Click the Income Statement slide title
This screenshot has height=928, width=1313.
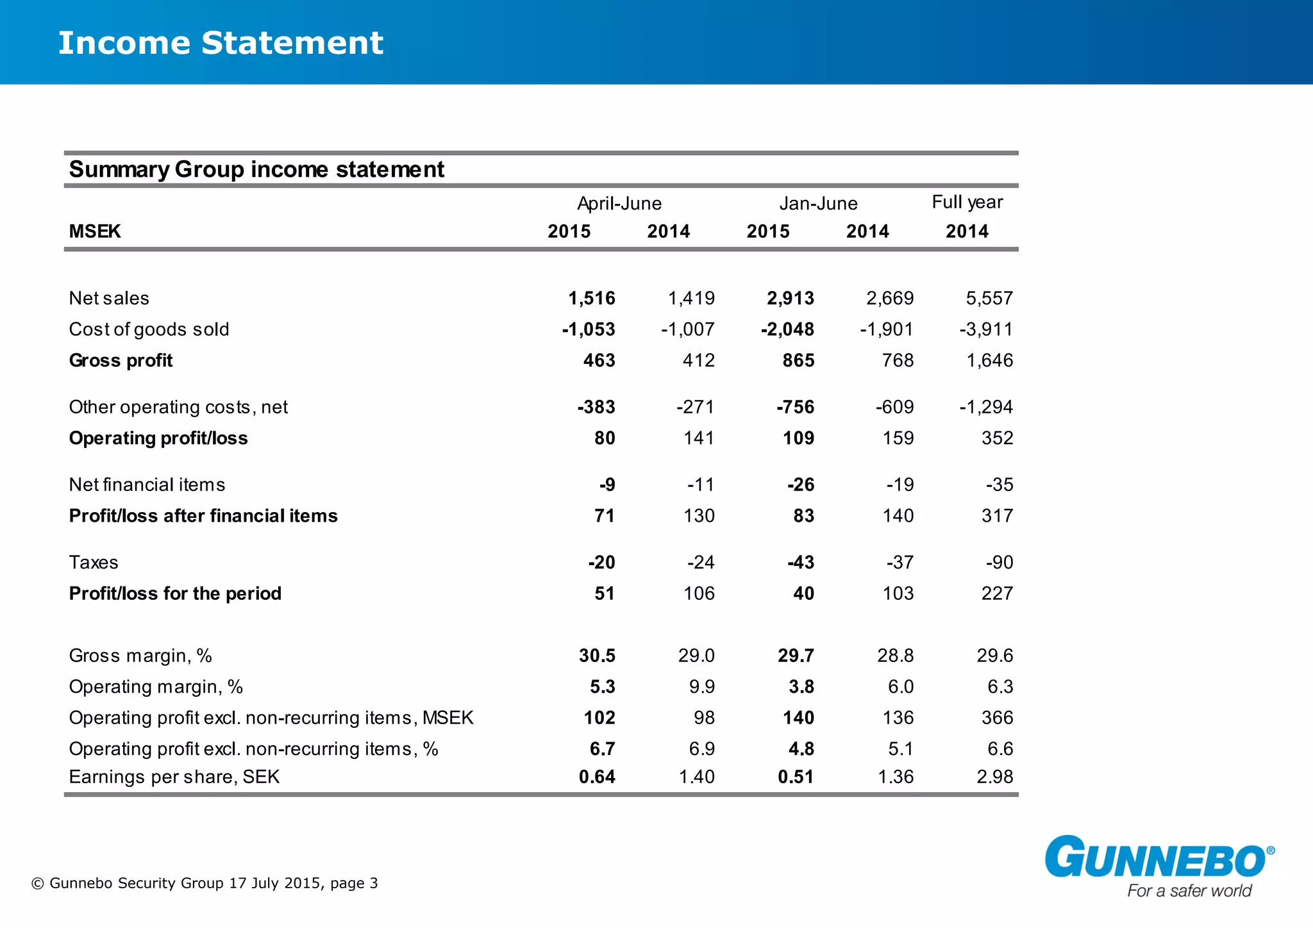tap(221, 44)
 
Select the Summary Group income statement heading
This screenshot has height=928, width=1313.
tap(256, 169)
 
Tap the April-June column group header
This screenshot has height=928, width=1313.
tap(619, 204)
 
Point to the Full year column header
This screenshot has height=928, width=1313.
tap(967, 203)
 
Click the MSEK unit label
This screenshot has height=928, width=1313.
tap(95, 231)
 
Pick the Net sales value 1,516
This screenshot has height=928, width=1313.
tap(592, 298)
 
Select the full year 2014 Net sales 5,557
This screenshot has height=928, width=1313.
tap(989, 298)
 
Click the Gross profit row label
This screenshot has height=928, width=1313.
tap(121, 360)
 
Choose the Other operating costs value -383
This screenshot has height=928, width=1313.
tap(596, 407)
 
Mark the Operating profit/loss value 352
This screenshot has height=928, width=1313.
tap(997, 438)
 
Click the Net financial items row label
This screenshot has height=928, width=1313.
tap(147, 485)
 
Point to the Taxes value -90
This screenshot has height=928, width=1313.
tap(999, 562)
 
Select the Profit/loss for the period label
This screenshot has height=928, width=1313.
tap(175, 593)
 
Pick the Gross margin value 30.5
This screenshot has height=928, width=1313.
tap(597, 656)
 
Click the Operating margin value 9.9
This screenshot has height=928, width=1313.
tap(701, 686)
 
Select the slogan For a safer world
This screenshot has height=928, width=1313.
tap(1189, 891)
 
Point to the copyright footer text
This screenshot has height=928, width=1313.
tap(205, 883)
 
